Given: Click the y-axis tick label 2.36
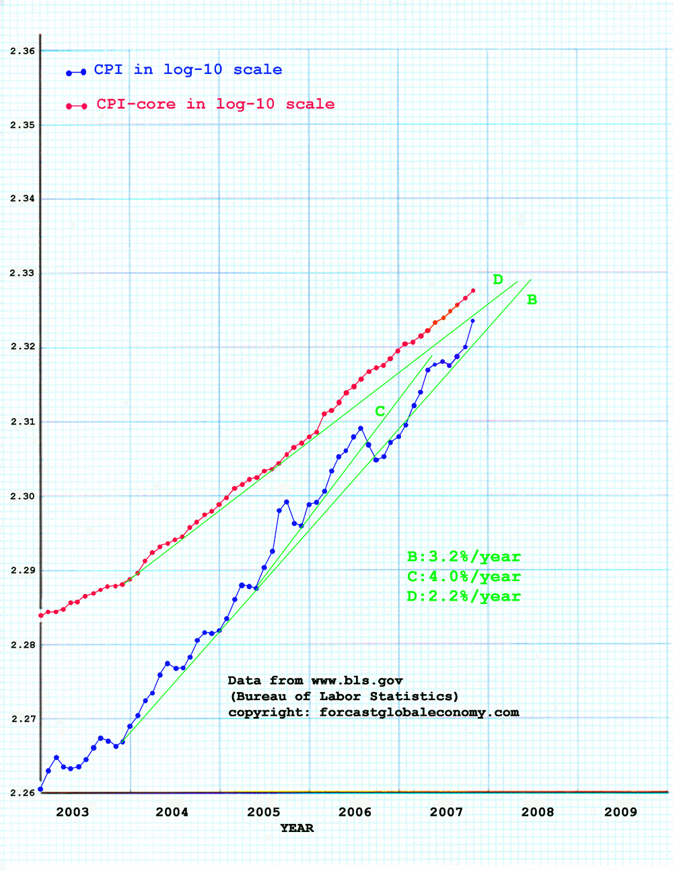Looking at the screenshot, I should [23, 51].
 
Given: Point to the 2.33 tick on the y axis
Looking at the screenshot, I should [23, 273].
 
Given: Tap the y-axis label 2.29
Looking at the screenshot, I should [23, 570].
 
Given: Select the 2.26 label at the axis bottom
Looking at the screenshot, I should [23, 793].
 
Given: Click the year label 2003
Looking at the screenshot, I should [72, 812].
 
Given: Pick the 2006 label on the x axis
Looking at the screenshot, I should [355, 812].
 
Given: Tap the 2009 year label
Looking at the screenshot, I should [620, 812].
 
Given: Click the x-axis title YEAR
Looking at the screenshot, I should [297, 828].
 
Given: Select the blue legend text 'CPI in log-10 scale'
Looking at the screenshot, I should [188, 70].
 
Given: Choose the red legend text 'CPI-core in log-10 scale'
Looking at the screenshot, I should [215, 104].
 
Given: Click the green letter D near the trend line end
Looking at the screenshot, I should [498, 280].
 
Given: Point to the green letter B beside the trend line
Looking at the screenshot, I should [532, 300].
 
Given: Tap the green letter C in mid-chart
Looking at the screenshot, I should [380, 412].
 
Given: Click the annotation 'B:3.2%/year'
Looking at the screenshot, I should [464, 557].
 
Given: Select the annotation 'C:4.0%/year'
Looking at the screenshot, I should [464, 577].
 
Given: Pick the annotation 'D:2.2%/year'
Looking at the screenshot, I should [464, 597].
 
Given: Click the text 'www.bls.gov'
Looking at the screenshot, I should [357, 681].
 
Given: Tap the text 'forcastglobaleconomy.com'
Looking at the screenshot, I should [419, 712].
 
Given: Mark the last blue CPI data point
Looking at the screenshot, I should [472, 321].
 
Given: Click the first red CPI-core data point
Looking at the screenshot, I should [40, 615].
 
